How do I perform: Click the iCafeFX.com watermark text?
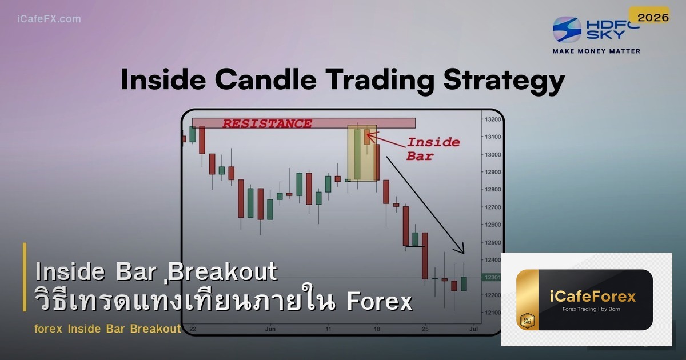point(49,19)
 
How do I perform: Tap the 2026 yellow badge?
point(653,18)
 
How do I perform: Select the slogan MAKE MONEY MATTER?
point(596,51)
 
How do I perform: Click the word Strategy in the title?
point(508,81)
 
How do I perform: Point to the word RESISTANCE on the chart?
point(267,123)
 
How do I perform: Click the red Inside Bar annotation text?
point(433,149)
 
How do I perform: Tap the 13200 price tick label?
point(493,119)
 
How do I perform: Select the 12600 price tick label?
point(493,225)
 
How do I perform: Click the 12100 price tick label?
point(493,313)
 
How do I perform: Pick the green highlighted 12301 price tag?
point(492,277)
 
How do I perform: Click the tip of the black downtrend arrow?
point(464,253)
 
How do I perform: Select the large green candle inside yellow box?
point(357,154)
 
